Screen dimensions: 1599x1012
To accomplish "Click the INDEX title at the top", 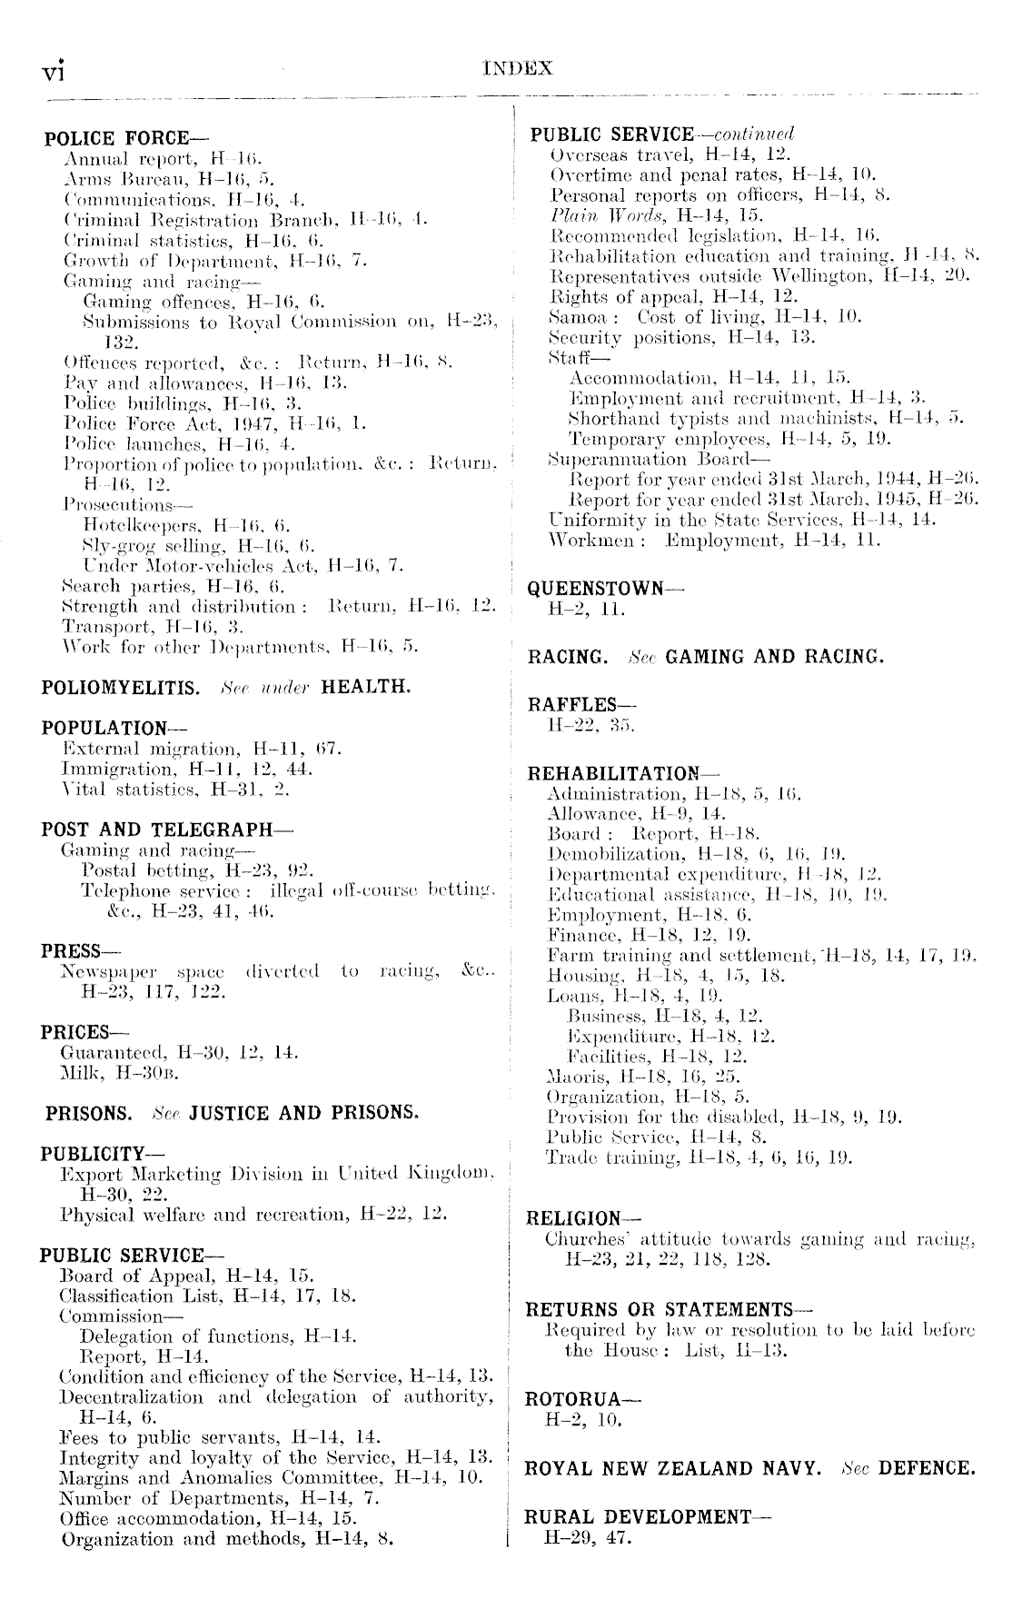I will (518, 67).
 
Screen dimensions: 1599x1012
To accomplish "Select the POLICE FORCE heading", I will (117, 138).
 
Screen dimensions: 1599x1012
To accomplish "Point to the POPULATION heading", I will (104, 728).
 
